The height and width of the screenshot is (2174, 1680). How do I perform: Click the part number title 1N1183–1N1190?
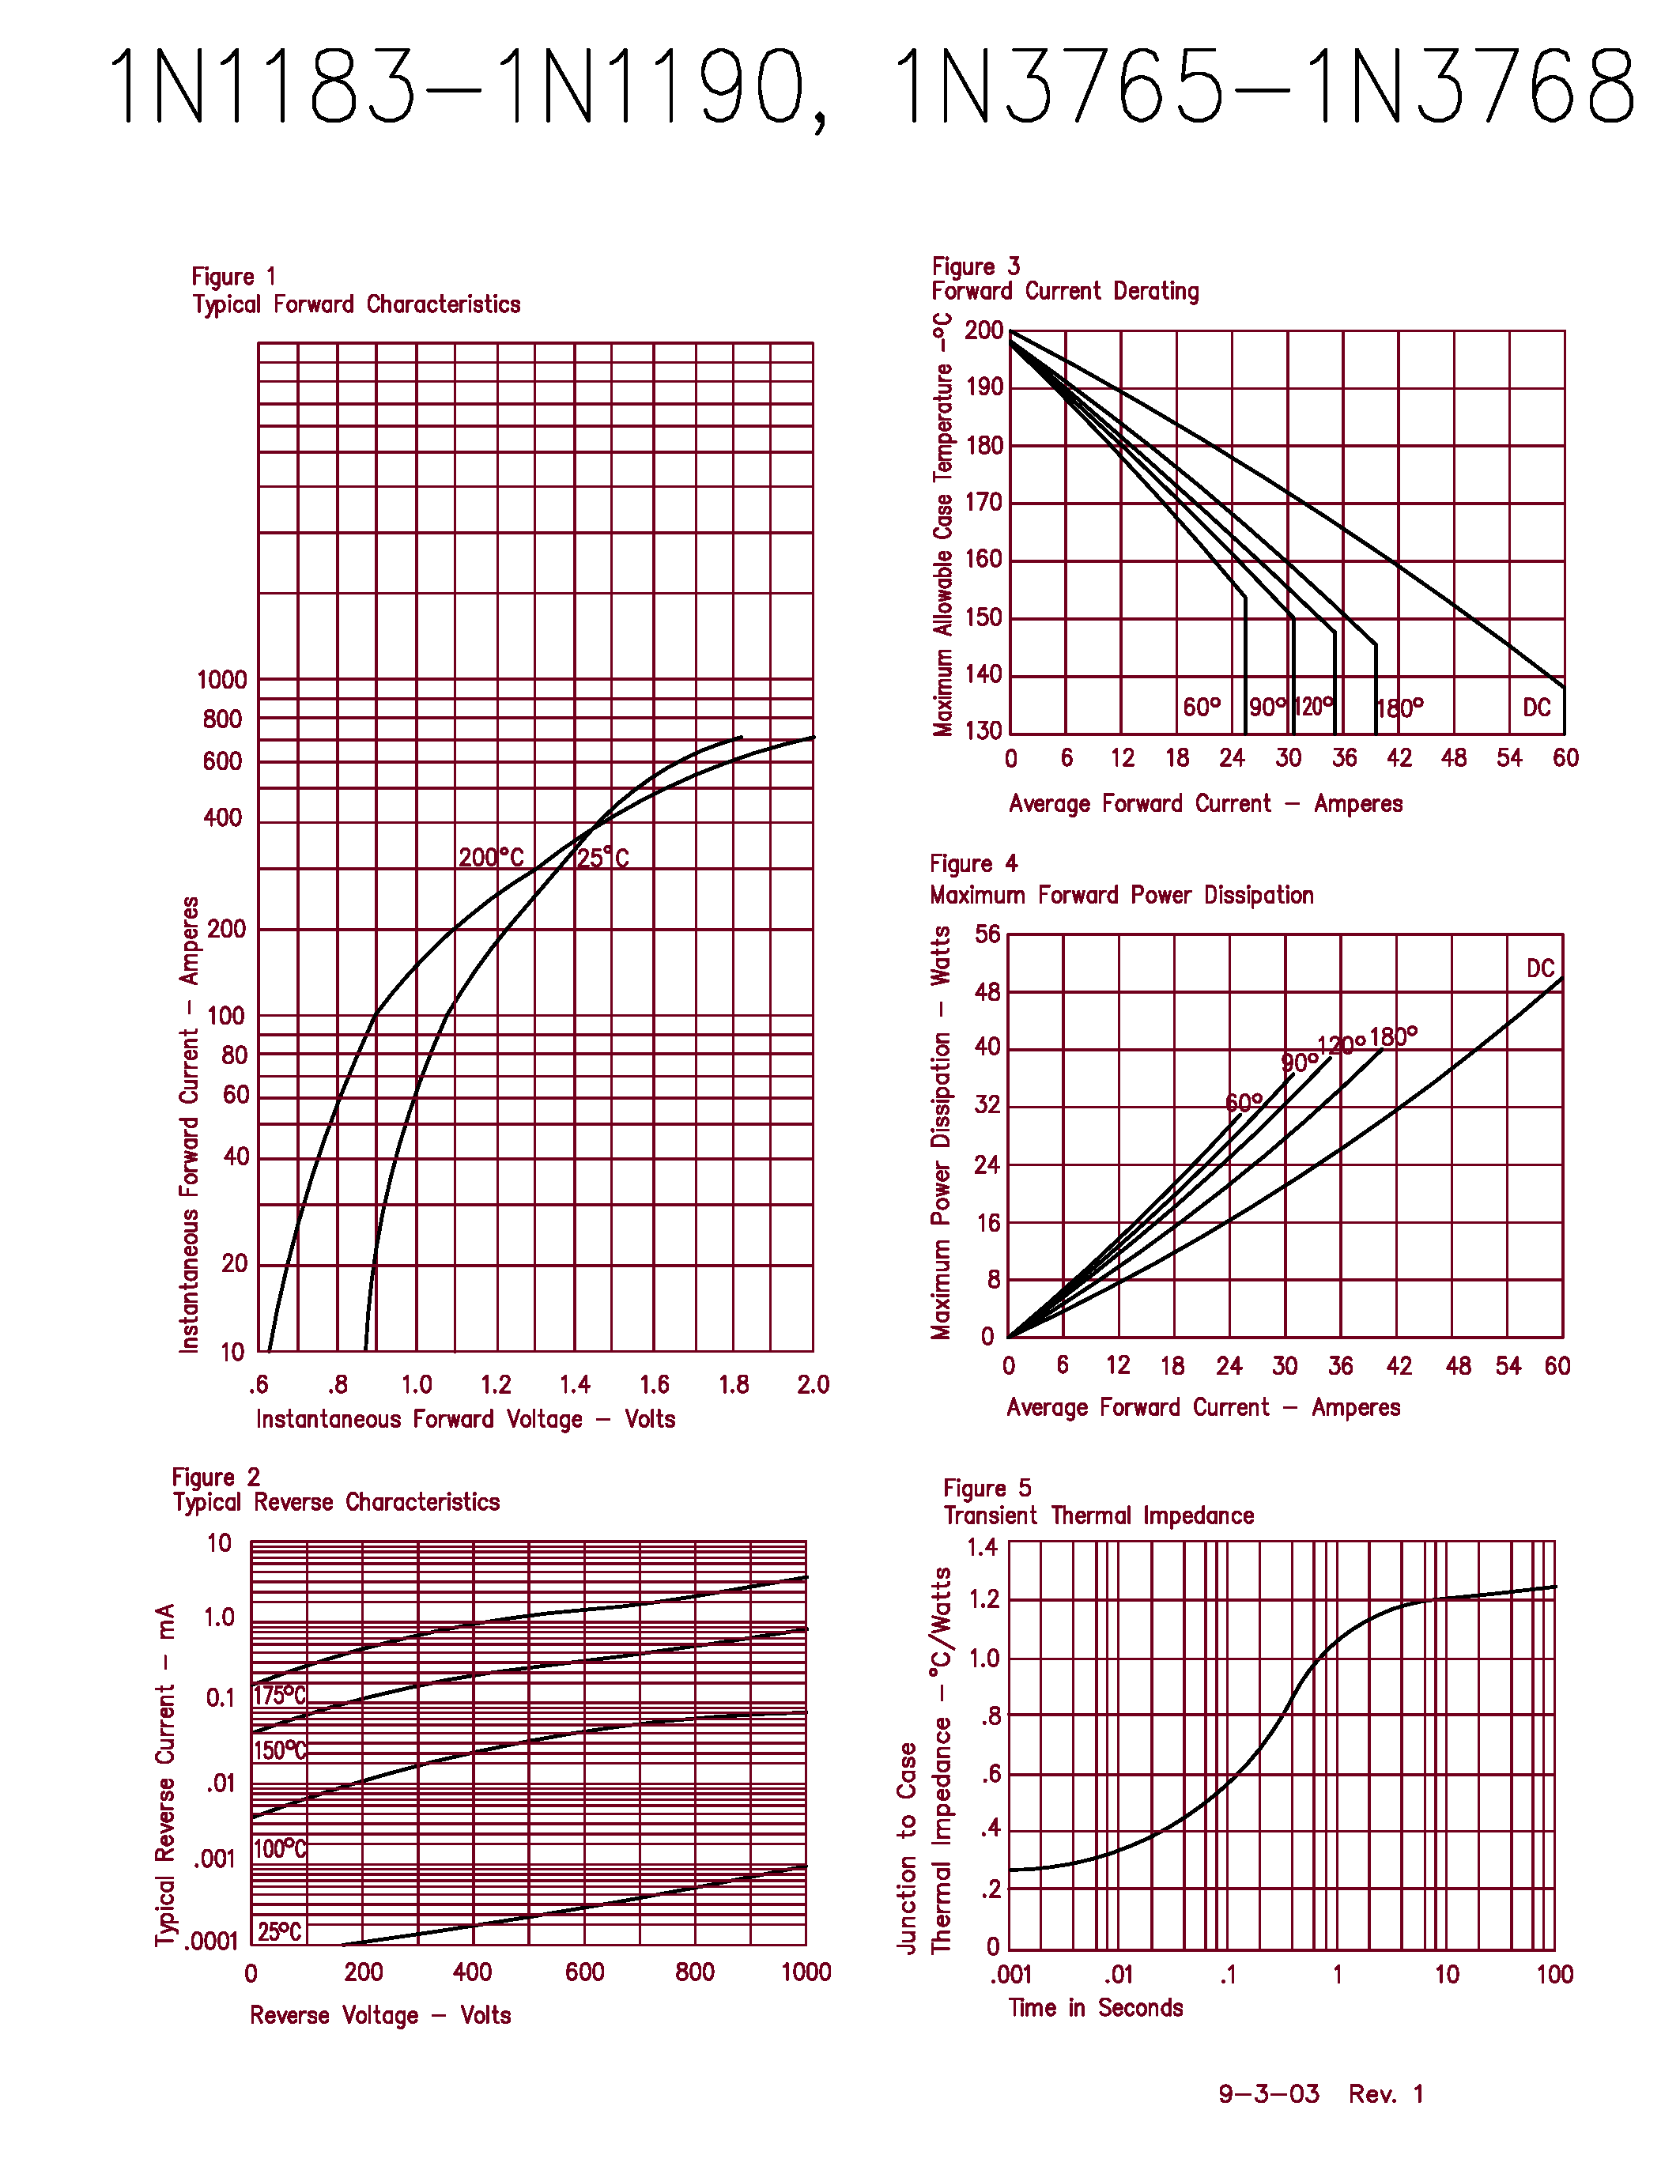[468, 88]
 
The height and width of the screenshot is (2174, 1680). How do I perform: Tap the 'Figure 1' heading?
[233, 277]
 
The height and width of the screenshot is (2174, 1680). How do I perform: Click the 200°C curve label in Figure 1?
[491, 857]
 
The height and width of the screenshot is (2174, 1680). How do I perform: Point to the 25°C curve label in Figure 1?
[603, 857]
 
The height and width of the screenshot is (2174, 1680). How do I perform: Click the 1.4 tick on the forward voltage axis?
[574, 1384]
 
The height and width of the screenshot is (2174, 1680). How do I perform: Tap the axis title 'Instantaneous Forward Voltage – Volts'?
[465, 1418]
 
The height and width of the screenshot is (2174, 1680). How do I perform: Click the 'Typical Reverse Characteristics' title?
[337, 1502]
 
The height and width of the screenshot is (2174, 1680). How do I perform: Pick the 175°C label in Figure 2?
[280, 1695]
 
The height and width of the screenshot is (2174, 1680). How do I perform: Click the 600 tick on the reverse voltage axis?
[584, 1972]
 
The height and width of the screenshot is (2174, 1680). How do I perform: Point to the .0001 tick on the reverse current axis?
[211, 1941]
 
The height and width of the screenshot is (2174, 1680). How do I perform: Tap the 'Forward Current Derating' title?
[1065, 292]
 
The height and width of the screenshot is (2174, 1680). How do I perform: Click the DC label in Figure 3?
[1537, 708]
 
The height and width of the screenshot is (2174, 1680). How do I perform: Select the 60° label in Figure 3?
[1201, 707]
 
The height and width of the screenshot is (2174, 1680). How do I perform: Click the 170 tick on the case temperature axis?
[983, 503]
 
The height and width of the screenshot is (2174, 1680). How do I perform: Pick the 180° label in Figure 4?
[1393, 1037]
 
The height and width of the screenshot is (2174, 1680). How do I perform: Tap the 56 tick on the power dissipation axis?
[987, 934]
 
